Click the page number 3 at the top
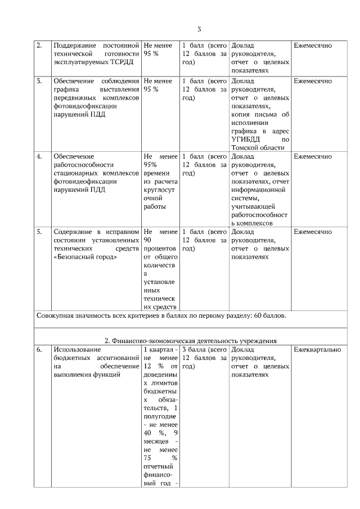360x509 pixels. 199,30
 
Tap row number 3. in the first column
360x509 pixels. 39,81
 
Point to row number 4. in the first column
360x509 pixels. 39,156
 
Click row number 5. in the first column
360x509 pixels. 39,232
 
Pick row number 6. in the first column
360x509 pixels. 39,350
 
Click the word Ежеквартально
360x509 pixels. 317,350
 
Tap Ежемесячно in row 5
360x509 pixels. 312,232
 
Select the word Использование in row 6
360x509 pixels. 77,350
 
